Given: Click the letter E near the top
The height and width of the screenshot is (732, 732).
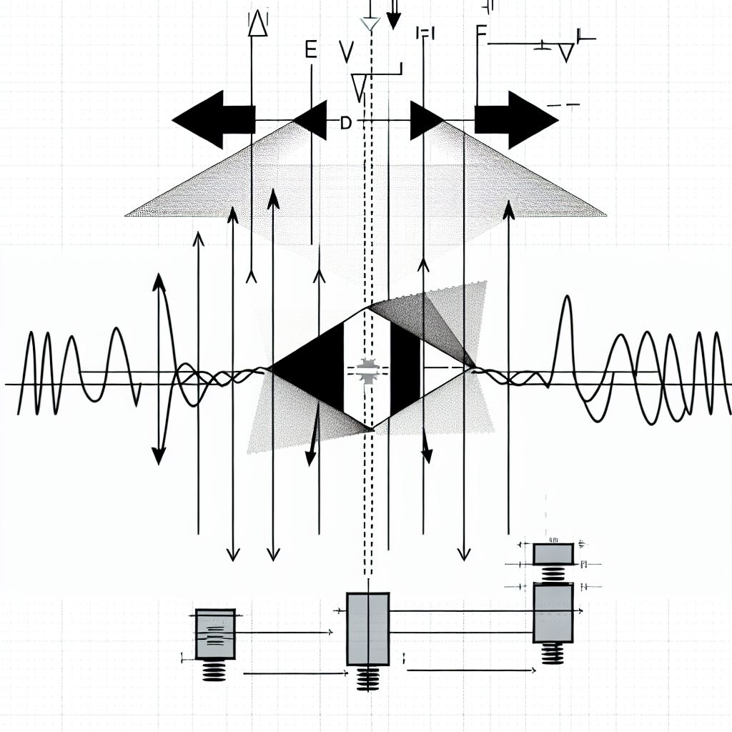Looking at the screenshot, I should point(310,50).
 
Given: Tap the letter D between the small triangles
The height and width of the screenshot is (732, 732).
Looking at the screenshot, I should point(346,123).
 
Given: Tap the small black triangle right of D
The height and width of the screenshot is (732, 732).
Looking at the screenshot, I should point(425,120).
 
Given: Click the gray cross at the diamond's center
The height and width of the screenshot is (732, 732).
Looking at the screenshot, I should point(368,370).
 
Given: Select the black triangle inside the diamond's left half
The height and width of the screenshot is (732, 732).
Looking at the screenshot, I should point(311,370).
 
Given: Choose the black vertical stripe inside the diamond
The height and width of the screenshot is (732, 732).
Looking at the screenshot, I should point(403,370).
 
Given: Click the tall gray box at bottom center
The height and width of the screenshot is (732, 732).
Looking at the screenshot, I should point(367,628).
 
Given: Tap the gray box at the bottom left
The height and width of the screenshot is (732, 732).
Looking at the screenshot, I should point(214,633).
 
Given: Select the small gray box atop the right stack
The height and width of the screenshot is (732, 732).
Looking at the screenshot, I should point(553,553).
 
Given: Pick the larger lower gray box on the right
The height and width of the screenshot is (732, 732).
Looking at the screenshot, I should point(553,613).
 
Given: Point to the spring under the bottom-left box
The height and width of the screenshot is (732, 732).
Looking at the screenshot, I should point(214,671).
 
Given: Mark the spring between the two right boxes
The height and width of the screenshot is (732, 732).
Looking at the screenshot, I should point(553,573).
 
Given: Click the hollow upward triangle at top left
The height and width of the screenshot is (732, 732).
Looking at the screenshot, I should point(257,24).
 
